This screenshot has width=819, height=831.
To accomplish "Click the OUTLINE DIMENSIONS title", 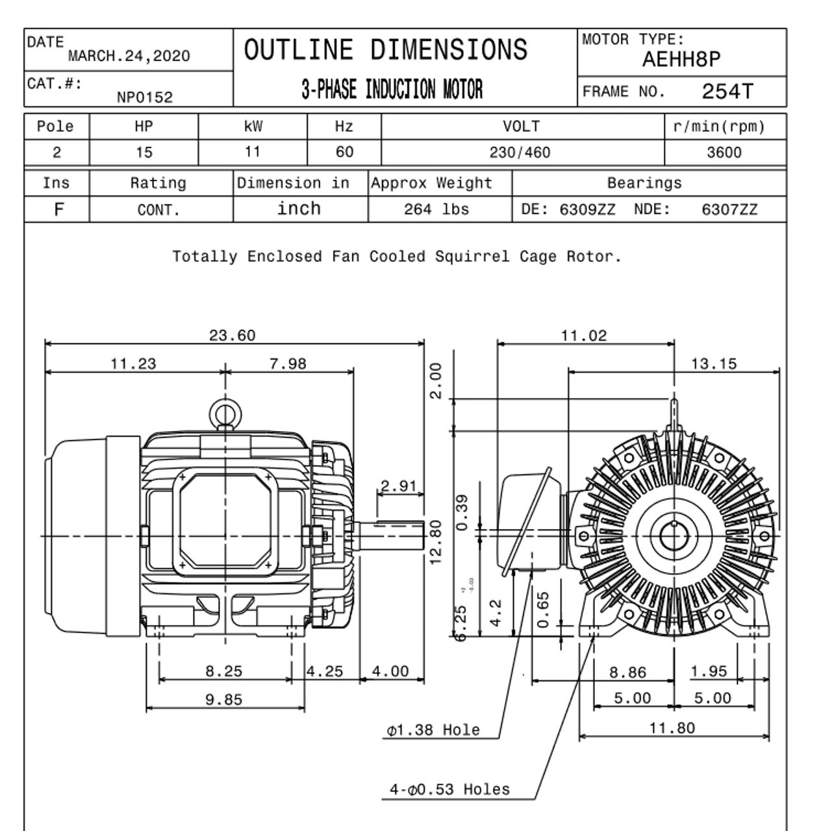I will (x=385, y=51).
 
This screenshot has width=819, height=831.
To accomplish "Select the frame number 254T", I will (x=727, y=92).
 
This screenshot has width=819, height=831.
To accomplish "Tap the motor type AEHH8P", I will (x=681, y=60).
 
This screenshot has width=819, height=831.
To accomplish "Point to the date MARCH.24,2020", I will (x=129, y=56).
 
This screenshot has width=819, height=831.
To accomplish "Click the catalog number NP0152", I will (x=145, y=97).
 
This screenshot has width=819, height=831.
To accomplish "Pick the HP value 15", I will (x=144, y=153).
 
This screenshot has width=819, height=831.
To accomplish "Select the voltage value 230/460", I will (x=520, y=153).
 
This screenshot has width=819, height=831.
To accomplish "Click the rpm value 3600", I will (x=724, y=153).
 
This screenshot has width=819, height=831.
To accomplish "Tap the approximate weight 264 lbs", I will (x=436, y=210).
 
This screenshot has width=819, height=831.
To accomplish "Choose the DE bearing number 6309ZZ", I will (x=587, y=210).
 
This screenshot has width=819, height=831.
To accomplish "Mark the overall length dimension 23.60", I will (x=232, y=336).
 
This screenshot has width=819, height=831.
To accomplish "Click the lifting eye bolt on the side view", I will (x=225, y=414).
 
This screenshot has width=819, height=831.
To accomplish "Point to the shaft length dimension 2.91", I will (x=399, y=486).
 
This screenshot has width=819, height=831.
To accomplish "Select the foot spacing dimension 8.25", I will (x=223, y=671).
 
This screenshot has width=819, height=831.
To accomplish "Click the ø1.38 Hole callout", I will (x=433, y=730).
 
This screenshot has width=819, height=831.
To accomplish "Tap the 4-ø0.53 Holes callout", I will (x=449, y=790).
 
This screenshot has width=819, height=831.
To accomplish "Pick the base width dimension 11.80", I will (x=672, y=728).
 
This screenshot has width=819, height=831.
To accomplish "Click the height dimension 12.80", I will (x=436, y=542).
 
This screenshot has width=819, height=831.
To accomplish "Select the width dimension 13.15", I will (x=713, y=364).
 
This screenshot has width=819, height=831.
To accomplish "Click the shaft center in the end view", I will (x=674, y=536).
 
